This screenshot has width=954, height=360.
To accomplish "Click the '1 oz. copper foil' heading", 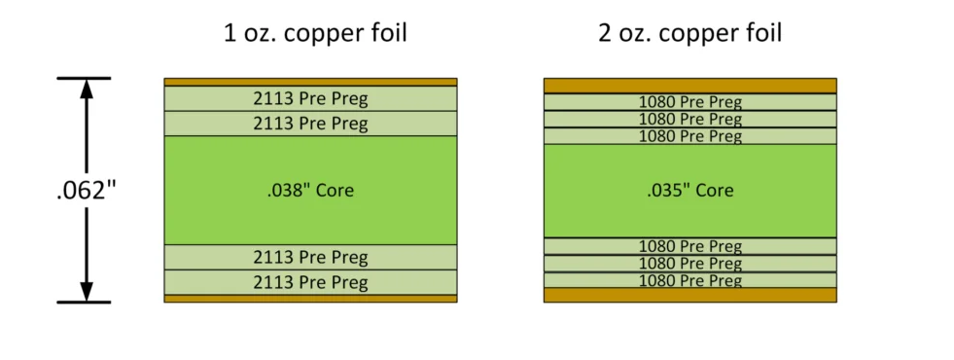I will pos(315,33).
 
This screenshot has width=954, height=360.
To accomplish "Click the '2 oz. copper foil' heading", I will pos(690,33).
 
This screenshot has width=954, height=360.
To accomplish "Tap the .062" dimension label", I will pos(85,190).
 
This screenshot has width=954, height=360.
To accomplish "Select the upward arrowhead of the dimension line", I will pos(86,89).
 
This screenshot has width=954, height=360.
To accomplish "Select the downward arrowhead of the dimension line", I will pos(86,290).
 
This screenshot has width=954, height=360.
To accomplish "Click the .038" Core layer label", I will pos(310,190).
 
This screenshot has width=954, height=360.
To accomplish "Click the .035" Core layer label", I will pos(689,190).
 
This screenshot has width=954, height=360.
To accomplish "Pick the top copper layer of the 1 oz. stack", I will pos(310,82).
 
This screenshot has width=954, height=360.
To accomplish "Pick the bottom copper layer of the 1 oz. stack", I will pos(310,298).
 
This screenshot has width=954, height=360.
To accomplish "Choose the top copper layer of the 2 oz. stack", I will pos(689,85).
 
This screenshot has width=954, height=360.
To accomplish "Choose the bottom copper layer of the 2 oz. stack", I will pos(689,295).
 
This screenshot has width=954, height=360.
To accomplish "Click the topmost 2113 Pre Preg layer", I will pos(310,98).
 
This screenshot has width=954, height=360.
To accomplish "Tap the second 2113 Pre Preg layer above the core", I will pos(310,124).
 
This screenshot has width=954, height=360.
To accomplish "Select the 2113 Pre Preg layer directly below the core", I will pos(310,257).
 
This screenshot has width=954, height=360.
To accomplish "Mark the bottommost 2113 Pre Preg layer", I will pos(310,282).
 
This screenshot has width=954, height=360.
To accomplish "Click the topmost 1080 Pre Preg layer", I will pos(689,101).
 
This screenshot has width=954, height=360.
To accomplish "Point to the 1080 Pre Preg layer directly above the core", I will pos(689,136).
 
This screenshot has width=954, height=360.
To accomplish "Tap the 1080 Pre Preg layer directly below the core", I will pos(689,246).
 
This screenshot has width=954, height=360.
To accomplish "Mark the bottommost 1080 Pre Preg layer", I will pos(689,280).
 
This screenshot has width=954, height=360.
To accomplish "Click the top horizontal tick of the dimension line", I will pos(85,78).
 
